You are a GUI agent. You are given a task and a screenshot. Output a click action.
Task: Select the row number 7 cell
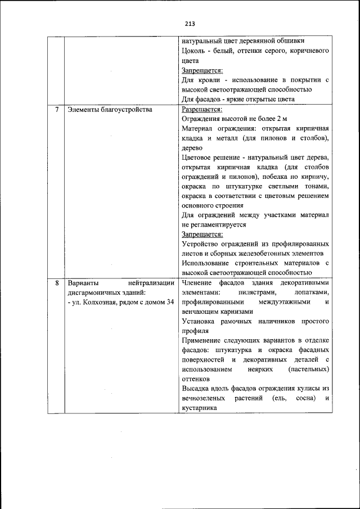point(56,109)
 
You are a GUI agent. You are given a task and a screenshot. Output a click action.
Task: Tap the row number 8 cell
point(56,282)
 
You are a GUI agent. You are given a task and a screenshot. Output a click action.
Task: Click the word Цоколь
point(193,51)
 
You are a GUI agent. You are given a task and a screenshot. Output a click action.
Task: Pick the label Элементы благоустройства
point(110,109)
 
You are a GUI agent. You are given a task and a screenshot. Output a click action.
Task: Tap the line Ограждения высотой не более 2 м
point(235,119)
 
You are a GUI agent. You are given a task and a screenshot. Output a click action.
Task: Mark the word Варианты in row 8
point(83,282)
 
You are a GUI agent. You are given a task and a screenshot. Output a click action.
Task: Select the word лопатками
point(311,292)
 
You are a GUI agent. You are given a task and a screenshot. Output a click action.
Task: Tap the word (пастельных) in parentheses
point(308,370)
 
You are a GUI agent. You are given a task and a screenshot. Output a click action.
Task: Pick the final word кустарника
point(199,408)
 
